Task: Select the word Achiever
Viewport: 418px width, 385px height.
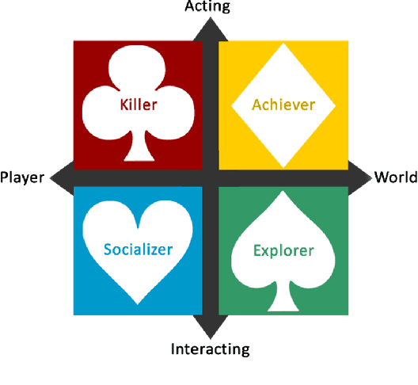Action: [x=283, y=105]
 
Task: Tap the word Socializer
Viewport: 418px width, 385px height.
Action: [x=138, y=250]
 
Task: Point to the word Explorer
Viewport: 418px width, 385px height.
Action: [x=283, y=251]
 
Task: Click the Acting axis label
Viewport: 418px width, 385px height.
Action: [x=207, y=7]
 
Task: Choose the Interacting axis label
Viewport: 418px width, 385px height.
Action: [x=210, y=349]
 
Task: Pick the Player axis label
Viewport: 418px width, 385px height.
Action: [x=22, y=177]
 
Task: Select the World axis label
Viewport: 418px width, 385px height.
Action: [x=395, y=177]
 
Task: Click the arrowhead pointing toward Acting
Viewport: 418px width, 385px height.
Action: [x=210, y=25]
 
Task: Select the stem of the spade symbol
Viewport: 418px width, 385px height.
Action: [x=283, y=300]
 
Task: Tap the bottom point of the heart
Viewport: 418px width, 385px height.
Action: [x=138, y=306]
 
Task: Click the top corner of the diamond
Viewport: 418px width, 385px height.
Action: [x=283, y=46]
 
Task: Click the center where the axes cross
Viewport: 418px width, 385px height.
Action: [x=210, y=177]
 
